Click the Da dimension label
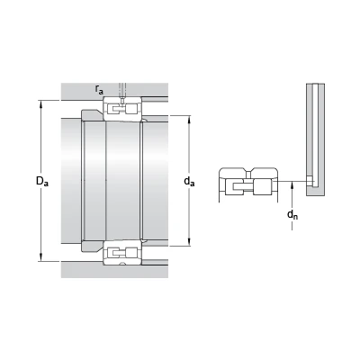coord(42,181)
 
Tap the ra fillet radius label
coord(99,89)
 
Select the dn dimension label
coord(292,214)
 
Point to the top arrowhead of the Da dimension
coord(40,103)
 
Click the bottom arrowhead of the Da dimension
coord(40,257)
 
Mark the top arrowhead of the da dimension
coord(189,120)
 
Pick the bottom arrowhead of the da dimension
coord(189,242)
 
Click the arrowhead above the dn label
coord(292,185)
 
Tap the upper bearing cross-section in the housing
coord(122,109)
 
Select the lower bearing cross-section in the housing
coord(122,253)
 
